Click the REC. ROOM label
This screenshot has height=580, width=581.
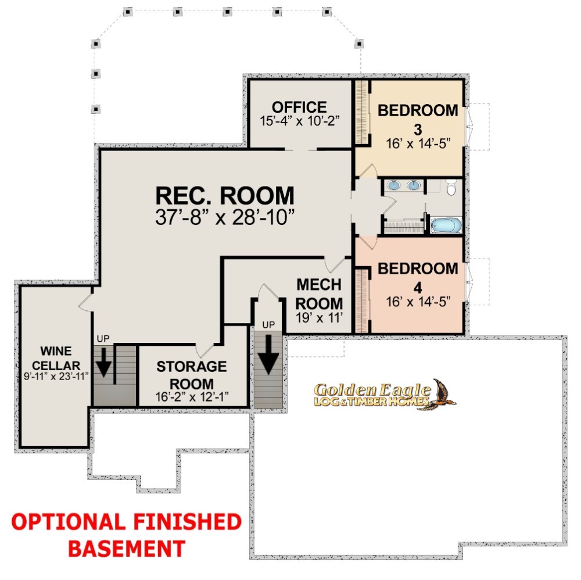click(x=224, y=196)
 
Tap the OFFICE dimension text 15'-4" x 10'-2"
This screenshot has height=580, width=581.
click(x=299, y=121)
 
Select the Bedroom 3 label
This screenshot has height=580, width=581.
click(x=418, y=119)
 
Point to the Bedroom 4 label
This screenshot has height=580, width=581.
click(x=418, y=278)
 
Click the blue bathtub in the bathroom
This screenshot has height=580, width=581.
click(x=446, y=225)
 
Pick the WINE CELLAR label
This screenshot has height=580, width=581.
click(x=56, y=358)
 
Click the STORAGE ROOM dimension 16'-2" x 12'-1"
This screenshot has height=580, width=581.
click(x=192, y=397)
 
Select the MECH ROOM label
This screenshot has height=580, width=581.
click(x=319, y=294)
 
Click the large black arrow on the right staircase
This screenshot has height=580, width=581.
click(x=268, y=355)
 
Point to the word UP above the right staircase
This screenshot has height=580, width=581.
click(x=268, y=325)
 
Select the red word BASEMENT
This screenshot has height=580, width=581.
click(x=127, y=549)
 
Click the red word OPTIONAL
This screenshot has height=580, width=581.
click(x=69, y=522)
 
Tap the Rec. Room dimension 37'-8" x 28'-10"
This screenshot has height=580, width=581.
click(x=224, y=217)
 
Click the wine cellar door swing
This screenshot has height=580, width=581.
click(x=85, y=302)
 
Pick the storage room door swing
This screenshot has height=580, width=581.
click(x=205, y=349)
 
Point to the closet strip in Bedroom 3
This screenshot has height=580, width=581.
click(x=362, y=112)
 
